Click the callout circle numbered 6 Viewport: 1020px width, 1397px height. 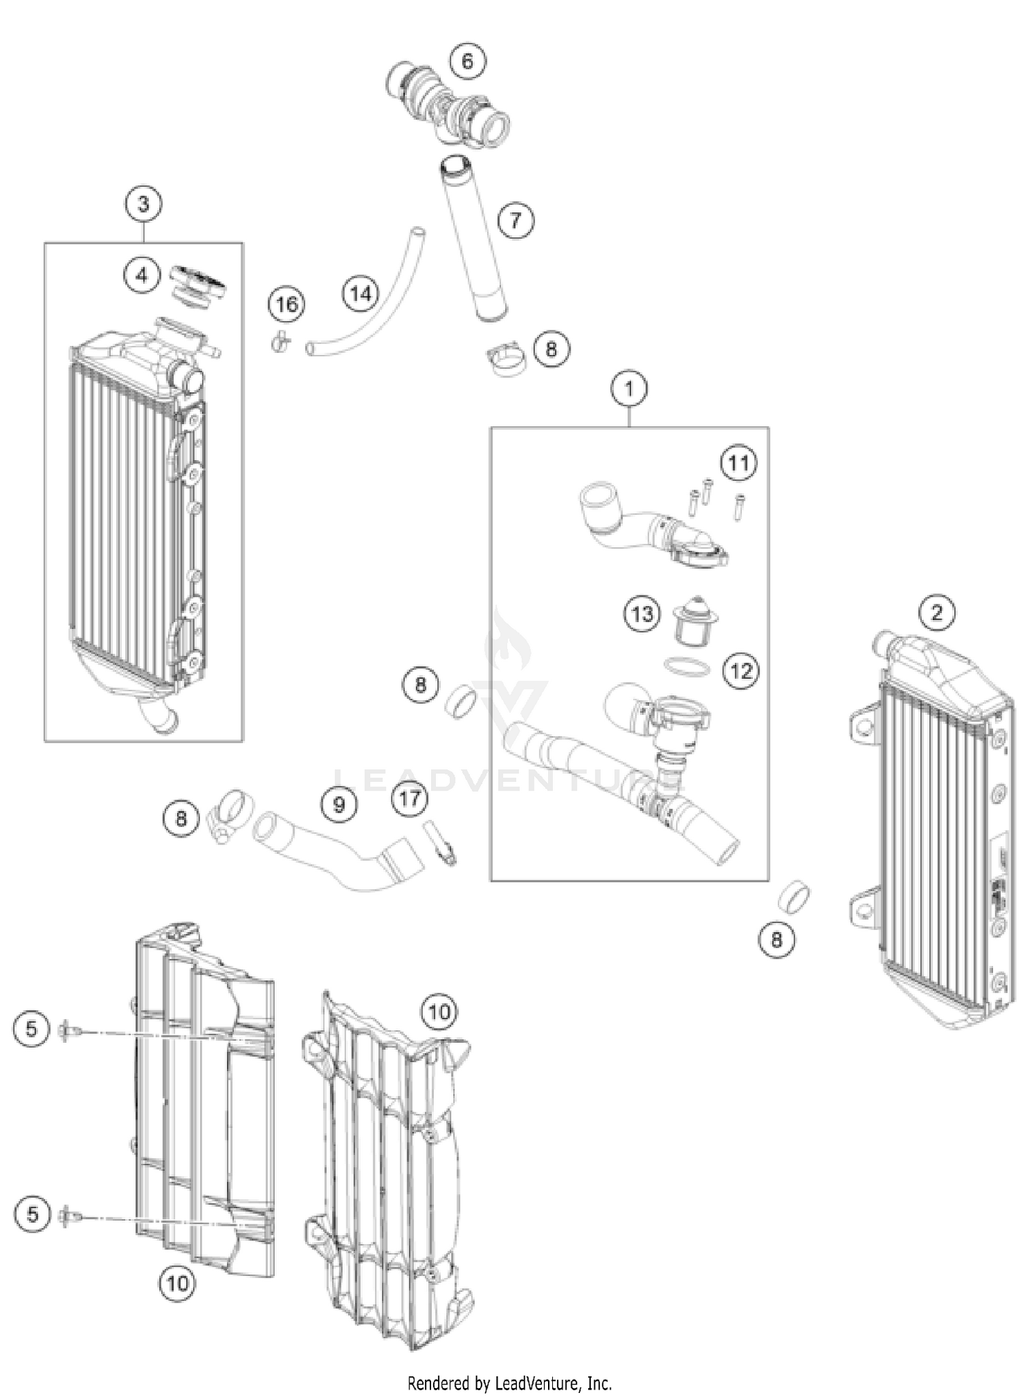point(467,62)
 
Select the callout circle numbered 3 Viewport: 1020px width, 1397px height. point(143,203)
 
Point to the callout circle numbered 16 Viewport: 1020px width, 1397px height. point(286,304)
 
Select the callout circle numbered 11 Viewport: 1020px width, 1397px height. point(738,463)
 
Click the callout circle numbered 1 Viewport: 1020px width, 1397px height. point(629,389)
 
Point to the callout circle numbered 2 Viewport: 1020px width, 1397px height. point(936,613)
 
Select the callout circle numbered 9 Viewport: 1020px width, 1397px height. point(339,805)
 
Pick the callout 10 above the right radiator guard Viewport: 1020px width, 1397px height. point(439,1012)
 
